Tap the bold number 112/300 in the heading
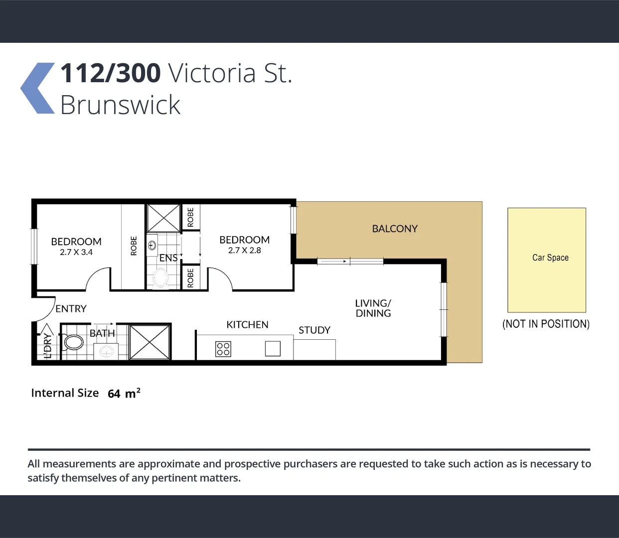(x=110, y=73)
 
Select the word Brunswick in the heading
(x=120, y=105)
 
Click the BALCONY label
(x=395, y=229)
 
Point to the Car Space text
(x=550, y=258)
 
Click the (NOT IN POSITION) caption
(x=546, y=324)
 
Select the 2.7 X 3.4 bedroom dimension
(x=76, y=252)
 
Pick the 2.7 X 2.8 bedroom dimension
(x=244, y=250)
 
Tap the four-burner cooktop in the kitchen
(x=223, y=349)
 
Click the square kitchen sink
(x=273, y=348)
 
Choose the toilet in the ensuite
(x=160, y=278)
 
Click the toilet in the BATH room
(x=74, y=342)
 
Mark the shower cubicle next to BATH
(x=150, y=342)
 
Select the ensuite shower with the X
(x=163, y=218)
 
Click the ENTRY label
(x=71, y=309)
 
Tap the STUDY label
(x=314, y=330)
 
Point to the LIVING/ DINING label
(x=373, y=308)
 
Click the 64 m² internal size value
(x=124, y=394)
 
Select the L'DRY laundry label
(x=48, y=346)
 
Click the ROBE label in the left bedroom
(x=134, y=246)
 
